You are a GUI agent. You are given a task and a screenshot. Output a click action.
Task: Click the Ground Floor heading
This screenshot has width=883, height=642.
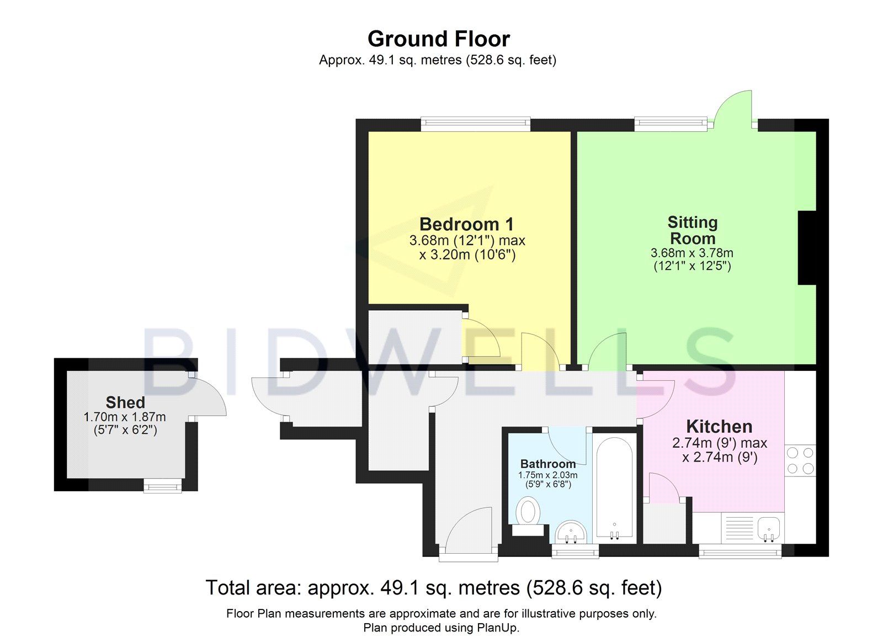pos(439,39)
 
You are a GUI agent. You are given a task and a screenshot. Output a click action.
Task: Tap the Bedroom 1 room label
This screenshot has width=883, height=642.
pos(466,224)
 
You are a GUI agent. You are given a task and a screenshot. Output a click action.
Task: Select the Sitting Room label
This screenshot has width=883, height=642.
pos(692,230)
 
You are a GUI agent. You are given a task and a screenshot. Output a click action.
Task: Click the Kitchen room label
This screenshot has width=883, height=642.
pos(719,426)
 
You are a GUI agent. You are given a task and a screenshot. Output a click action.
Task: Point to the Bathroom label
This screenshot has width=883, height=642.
pos(547,464)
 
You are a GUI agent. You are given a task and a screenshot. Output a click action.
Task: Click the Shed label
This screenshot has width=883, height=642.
pos(125,402)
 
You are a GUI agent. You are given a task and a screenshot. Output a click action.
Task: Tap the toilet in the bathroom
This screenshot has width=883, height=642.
pos(528,511)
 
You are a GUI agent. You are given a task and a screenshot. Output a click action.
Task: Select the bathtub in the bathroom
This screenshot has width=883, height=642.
pos(614,486)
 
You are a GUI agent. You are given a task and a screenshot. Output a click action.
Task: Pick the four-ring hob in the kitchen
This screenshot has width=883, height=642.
pos(800,460)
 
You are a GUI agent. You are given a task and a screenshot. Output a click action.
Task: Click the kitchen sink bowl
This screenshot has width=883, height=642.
pos(769,529)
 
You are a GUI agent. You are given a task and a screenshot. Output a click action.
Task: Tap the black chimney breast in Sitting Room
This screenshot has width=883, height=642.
pos(807,247)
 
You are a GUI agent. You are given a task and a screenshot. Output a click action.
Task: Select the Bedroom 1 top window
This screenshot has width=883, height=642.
pos(475,124)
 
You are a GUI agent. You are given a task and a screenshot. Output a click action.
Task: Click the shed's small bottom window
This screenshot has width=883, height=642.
pos(162,486)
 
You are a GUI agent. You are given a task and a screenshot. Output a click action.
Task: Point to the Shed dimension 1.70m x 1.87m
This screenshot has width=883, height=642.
pos(125,417)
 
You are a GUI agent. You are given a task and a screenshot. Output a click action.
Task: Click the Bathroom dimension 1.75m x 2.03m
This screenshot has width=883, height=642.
pos(547,475)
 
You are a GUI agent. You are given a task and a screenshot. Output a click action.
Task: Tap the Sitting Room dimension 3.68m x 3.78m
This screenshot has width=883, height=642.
pos(692,253)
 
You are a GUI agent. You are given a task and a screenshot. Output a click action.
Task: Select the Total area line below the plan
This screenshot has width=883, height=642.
pos(433,587)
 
